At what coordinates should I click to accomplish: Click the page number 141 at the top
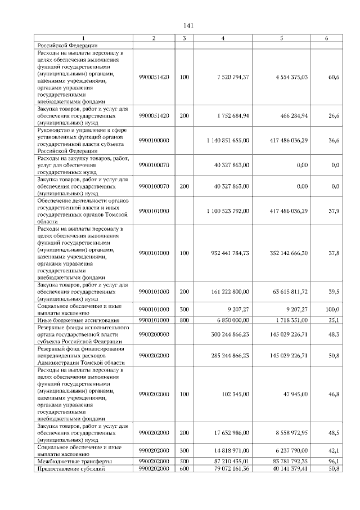point(188,26)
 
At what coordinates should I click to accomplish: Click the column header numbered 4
point(223,38)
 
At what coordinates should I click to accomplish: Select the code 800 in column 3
point(184,320)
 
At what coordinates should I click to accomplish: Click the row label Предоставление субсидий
point(71,468)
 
